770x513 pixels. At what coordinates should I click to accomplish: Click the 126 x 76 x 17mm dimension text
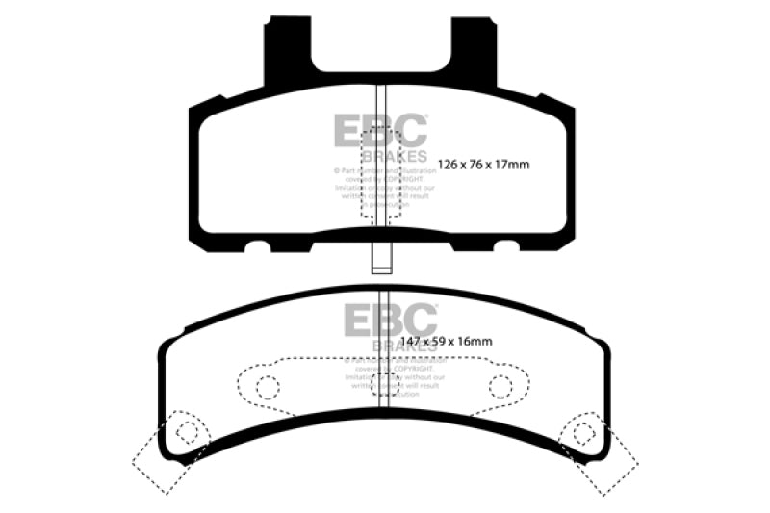tap(483, 165)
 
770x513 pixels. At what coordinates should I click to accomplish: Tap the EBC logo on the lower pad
tap(390, 321)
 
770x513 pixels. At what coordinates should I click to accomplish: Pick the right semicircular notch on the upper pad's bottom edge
tap(506, 248)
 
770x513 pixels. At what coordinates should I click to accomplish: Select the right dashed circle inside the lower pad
tap(500, 387)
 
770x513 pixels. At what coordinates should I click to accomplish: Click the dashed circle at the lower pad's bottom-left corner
tap(188, 432)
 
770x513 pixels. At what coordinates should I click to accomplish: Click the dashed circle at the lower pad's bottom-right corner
tap(580, 432)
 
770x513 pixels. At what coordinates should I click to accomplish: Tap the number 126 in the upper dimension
tap(449, 165)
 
